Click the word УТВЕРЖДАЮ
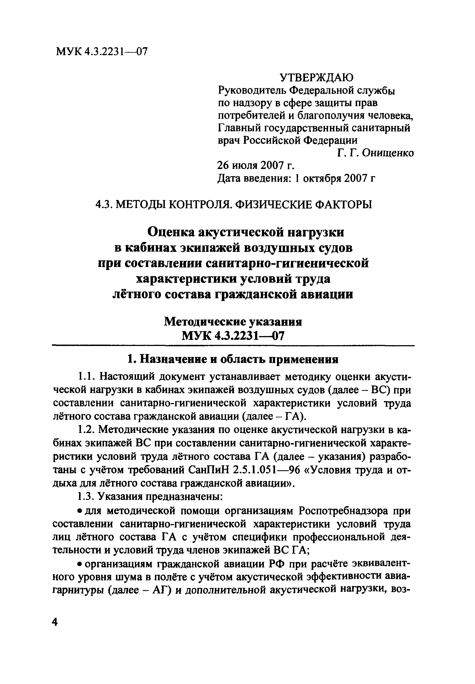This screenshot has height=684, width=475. (x=316, y=78)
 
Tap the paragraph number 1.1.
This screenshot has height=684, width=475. (x=87, y=377)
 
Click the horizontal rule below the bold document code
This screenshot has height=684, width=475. (x=233, y=345)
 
